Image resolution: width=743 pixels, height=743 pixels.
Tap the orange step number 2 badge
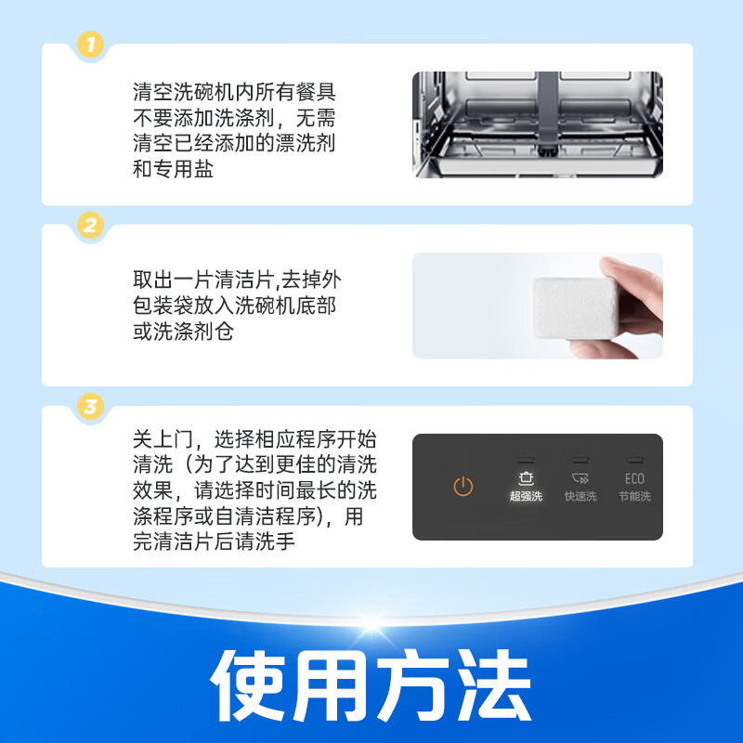tap(89, 224)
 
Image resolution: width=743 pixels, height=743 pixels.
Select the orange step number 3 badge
tap(89, 406)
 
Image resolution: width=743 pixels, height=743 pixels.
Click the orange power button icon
tap(463, 487)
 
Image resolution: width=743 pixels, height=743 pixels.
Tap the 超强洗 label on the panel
tap(526, 497)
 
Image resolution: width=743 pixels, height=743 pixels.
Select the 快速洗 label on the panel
tap(580, 497)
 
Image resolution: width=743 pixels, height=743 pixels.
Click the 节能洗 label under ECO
tap(634, 497)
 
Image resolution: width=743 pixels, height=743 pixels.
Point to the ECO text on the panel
tap(634, 479)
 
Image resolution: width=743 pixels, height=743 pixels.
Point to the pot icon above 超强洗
tap(526, 478)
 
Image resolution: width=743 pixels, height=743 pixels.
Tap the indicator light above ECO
tap(634, 461)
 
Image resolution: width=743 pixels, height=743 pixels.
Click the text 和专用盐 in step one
tap(174, 171)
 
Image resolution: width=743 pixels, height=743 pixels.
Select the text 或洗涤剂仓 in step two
tap(183, 332)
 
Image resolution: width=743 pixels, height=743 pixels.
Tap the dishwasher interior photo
tap(537, 124)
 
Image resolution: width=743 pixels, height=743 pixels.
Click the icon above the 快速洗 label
tap(580, 478)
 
